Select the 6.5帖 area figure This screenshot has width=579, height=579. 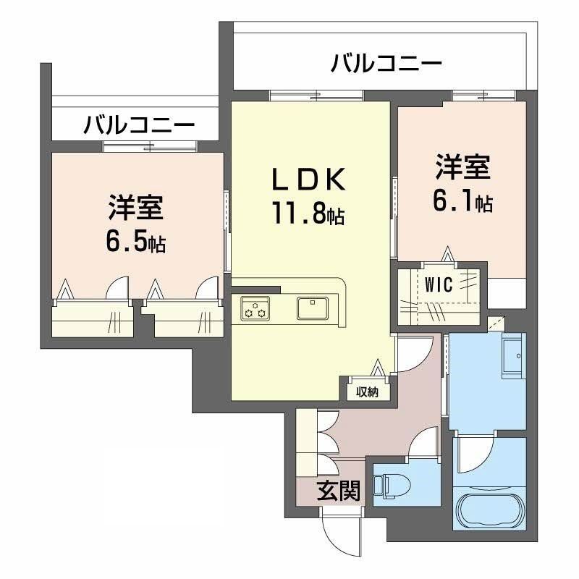pos(136,242)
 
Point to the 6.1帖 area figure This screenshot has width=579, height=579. pos(463,203)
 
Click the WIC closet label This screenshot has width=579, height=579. pos(439,285)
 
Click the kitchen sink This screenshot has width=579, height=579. pos(313,308)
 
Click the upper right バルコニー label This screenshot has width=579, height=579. pos(386,65)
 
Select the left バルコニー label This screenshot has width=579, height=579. pos(139,125)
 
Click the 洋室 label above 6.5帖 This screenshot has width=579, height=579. pos(136,208)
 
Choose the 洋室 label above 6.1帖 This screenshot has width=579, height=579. pos(463,168)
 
